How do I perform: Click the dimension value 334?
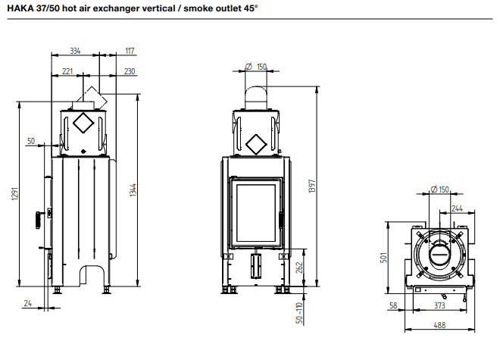click(x=75, y=52)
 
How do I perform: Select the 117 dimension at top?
click(x=129, y=52)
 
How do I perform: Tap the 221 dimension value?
click(x=67, y=71)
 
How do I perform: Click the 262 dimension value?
click(x=298, y=267)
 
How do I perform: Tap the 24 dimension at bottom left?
click(x=28, y=305)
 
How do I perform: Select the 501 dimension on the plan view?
click(x=384, y=258)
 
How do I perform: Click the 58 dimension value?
click(x=393, y=305)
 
